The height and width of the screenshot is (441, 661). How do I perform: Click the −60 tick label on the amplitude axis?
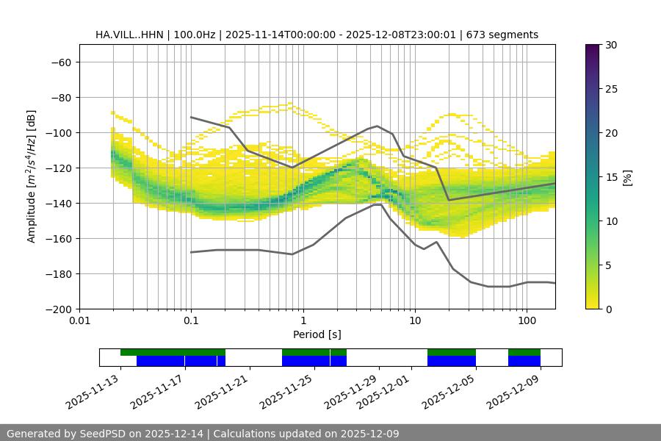59,62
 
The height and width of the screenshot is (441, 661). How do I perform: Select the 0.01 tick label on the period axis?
79,321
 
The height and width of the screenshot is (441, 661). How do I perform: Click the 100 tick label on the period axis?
527,321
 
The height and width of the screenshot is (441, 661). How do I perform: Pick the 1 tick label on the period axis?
303,321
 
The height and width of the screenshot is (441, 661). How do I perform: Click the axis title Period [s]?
317,334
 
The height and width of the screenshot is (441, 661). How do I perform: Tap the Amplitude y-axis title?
32,176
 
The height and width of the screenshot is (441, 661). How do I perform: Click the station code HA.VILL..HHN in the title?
128,35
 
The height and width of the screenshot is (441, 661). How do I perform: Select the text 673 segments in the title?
507,35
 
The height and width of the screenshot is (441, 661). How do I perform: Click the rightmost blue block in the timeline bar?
524,361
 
